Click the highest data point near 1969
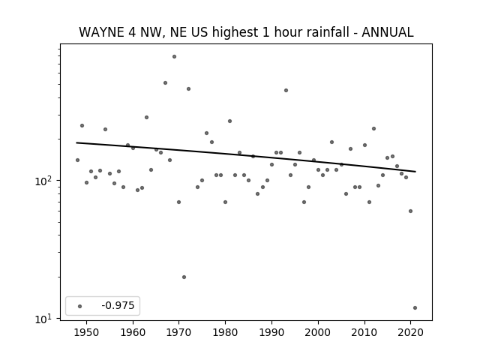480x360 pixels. coord(174,57)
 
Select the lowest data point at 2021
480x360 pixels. coord(415,308)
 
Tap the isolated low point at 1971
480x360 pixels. coord(184,277)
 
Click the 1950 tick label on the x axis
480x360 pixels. coord(87,332)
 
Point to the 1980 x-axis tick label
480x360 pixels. coord(225,332)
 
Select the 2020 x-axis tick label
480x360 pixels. coord(410,332)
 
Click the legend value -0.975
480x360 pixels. coord(118,305)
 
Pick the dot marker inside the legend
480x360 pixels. coord(80,306)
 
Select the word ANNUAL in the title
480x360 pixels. coord(388,32)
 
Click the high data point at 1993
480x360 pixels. coord(286,90)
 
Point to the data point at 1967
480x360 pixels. coord(165,83)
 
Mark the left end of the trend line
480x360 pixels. coord(76,142)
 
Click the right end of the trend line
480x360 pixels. coord(415,172)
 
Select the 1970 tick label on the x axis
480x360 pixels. coord(179,332)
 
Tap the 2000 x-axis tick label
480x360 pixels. coord(318,332)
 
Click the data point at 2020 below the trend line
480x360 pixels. coord(410,211)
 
